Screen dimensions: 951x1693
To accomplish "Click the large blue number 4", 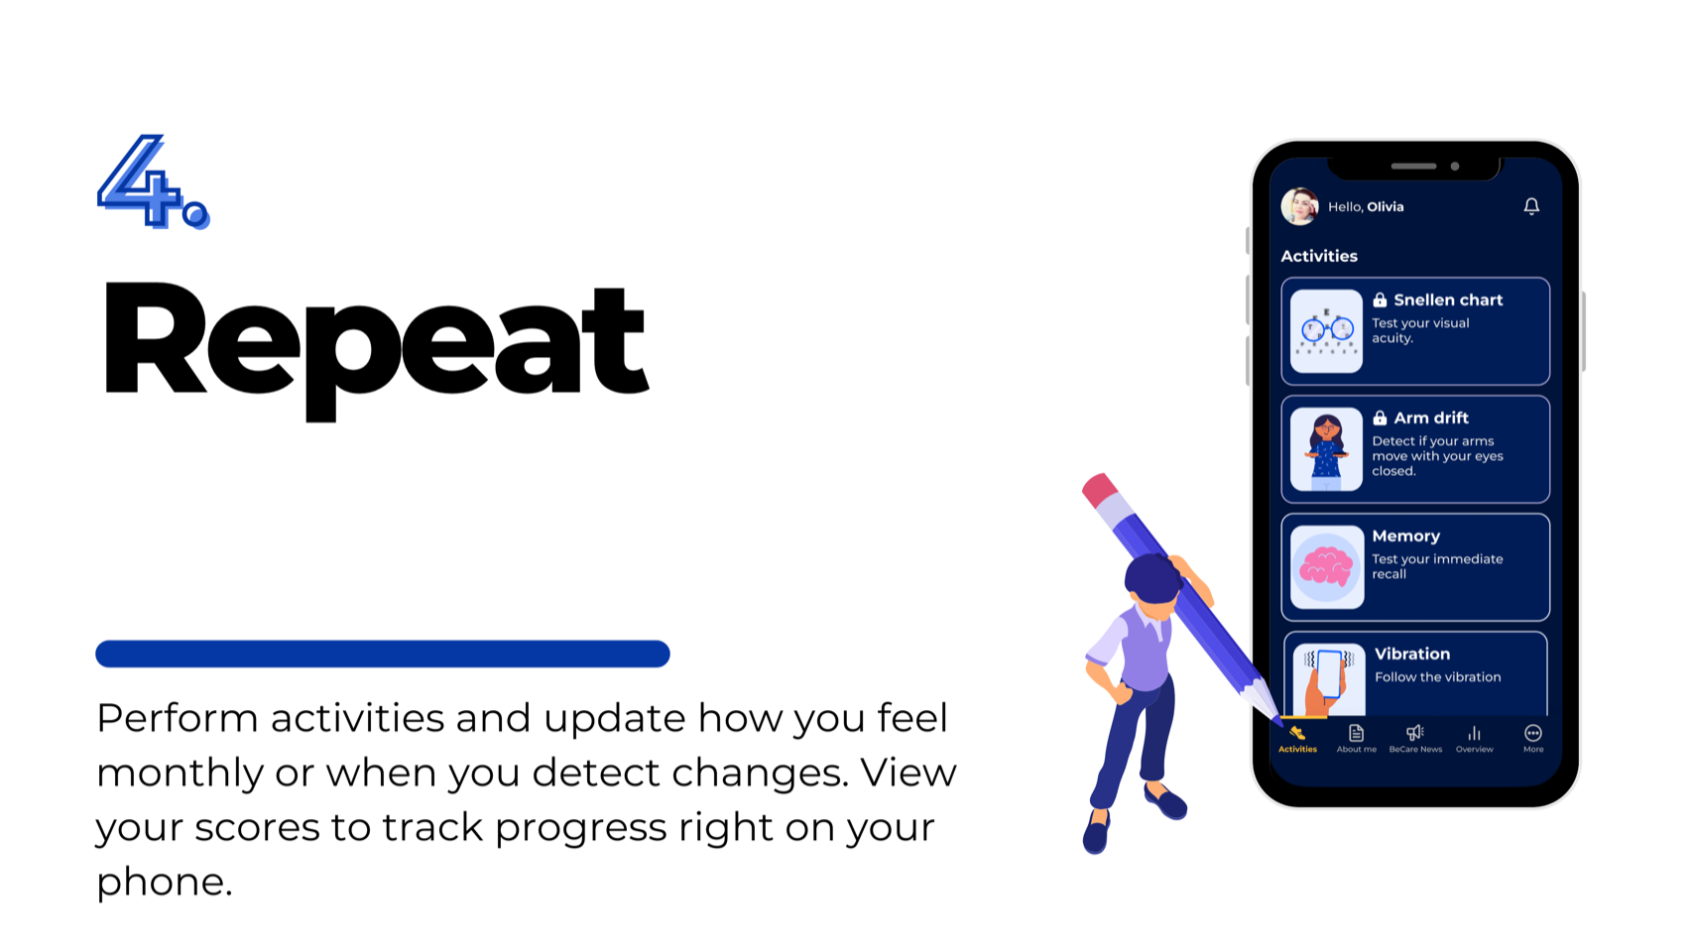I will (x=147, y=180).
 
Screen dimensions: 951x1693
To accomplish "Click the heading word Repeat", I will (x=375, y=342).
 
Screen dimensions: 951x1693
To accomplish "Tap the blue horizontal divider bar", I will (x=382, y=654).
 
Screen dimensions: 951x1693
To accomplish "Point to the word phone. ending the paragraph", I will (x=164, y=882).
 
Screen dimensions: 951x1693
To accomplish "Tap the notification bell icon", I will (x=1531, y=206).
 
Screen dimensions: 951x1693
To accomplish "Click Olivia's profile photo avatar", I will (x=1299, y=206).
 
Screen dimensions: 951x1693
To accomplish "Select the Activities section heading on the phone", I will (x=1318, y=256).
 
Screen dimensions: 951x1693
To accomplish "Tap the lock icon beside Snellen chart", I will (x=1380, y=300).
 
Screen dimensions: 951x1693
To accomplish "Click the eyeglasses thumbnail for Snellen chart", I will (x=1326, y=331).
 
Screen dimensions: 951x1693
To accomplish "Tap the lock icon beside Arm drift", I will (x=1380, y=418).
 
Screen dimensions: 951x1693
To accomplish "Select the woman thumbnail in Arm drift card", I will (x=1326, y=449).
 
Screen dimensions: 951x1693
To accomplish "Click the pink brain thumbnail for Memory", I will (x=1326, y=567).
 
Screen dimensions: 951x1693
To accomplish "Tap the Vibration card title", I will (x=1411, y=654).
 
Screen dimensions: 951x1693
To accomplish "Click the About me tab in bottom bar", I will (x=1356, y=738).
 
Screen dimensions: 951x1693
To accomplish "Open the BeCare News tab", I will (x=1415, y=738).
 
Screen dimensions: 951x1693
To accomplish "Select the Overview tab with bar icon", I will (x=1474, y=738).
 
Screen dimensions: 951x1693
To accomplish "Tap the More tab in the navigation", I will (x=1532, y=738).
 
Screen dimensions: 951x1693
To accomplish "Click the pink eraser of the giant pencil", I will (x=1100, y=490).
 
